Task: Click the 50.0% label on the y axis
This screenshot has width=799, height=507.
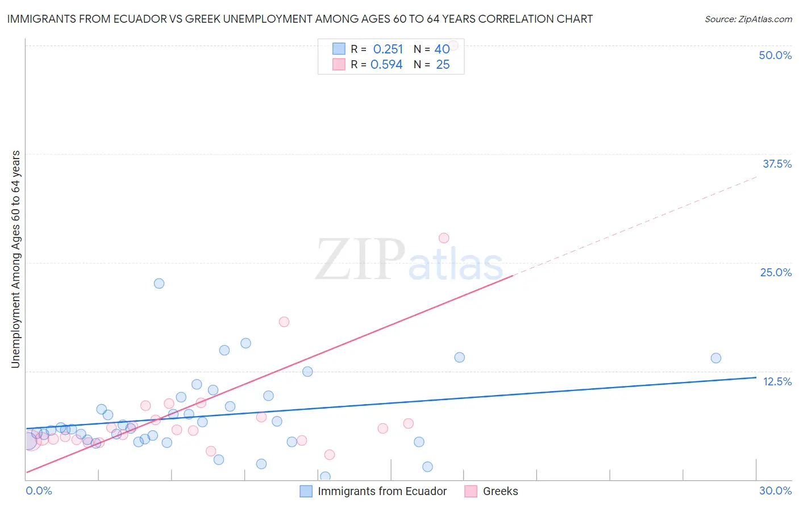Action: click(x=775, y=55)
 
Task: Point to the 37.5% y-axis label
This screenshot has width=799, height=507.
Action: click(x=777, y=164)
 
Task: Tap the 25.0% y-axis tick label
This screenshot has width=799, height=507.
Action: click(x=776, y=272)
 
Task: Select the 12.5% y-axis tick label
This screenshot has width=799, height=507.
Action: click(x=777, y=381)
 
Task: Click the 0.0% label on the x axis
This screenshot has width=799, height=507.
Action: click(x=39, y=491)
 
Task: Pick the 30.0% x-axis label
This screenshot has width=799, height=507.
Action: click(x=775, y=491)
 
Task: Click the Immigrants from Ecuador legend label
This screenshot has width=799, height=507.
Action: click(x=382, y=491)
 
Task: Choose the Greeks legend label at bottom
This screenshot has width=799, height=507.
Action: click(x=500, y=491)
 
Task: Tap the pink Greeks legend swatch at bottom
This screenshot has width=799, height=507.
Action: click(x=471, y=491)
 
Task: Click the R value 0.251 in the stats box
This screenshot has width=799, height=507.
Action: click(x=388, y=49)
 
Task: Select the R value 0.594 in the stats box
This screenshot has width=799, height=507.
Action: click(x=386, y=65)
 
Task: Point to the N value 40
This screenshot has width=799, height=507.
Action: click(x=442, y=49)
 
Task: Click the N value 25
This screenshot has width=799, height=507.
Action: click(x=443, y=65)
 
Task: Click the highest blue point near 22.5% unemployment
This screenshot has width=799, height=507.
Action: click(x=159, y=283)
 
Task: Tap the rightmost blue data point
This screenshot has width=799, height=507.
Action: click(x=716, y=358)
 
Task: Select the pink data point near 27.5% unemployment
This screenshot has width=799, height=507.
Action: click(x=444, y=238)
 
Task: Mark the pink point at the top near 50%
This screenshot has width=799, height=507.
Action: click(x=453, y=45)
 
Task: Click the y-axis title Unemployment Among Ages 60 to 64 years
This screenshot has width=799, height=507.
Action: click(x=16, y=259)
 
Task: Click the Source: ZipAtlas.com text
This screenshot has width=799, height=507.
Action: click(x=748, y=19)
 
